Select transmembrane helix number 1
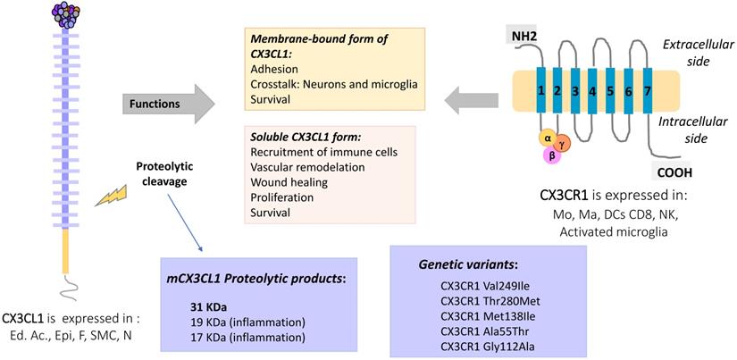click(540, 91)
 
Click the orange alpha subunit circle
click(546, 138)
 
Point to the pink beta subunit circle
click(557, 155)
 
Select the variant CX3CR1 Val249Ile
click(482, 285)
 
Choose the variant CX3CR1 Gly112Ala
click(482, 347)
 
